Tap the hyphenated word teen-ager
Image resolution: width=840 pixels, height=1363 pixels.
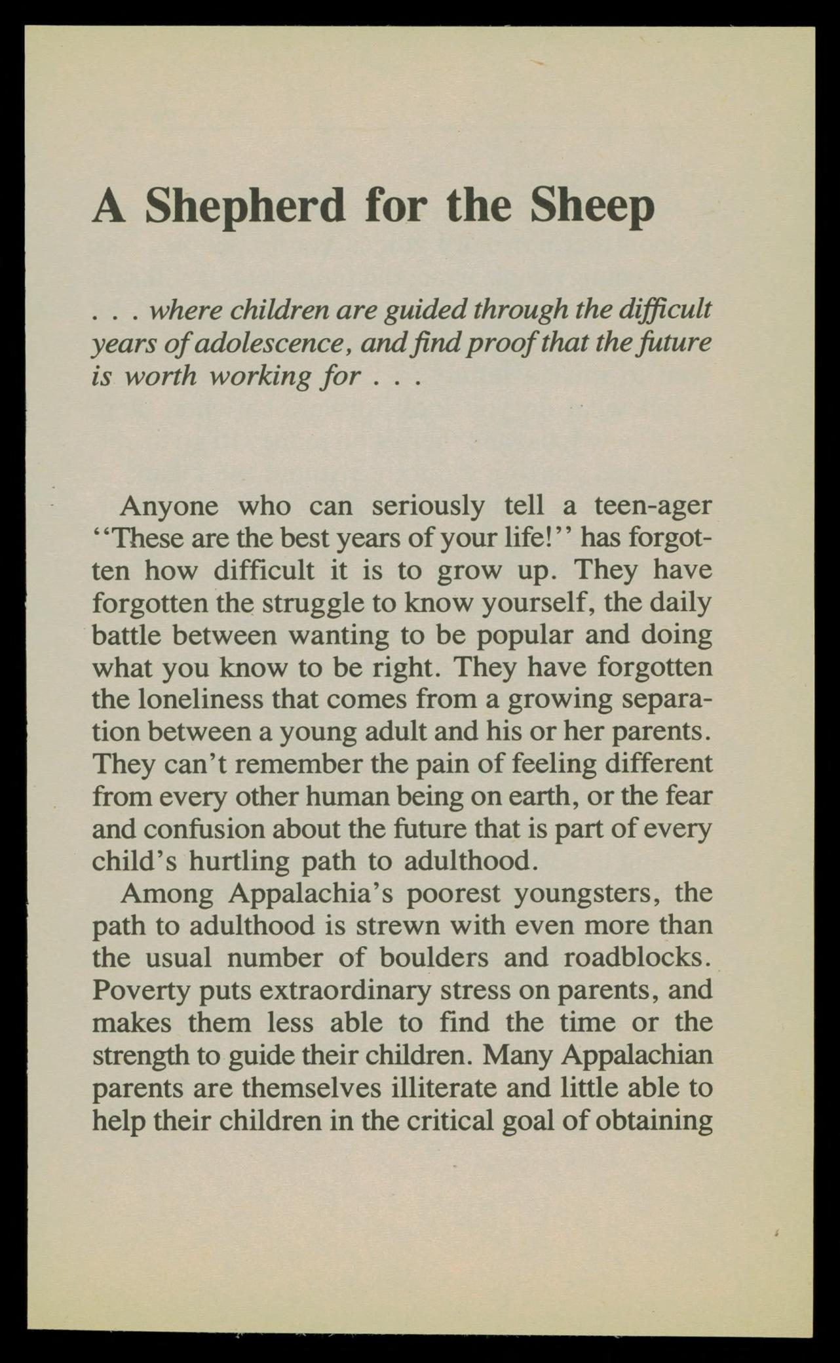coord(652,506)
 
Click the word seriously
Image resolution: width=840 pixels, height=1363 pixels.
coord(429,506)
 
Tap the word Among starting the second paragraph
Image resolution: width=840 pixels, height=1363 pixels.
coord(167,893)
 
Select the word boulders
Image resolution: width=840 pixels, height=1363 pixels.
coord(434,957)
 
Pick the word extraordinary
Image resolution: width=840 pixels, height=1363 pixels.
coord(345,989)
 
